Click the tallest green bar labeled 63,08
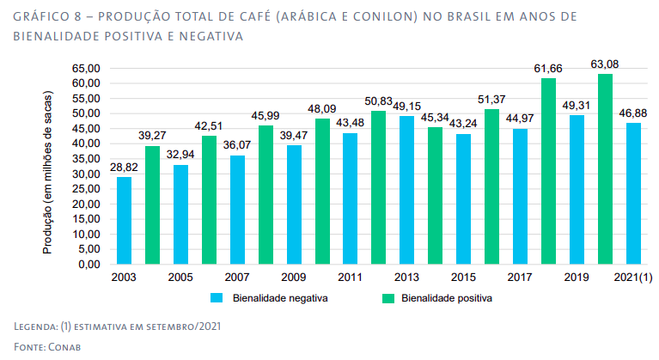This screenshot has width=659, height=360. (605, 168)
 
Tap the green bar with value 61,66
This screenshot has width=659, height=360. (548, 171)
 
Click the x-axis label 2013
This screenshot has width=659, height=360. (406, 278)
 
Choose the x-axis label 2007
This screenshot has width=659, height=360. (236, 278)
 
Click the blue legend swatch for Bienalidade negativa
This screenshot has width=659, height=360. (217, 298)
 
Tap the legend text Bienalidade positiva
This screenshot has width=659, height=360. (446, 298)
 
